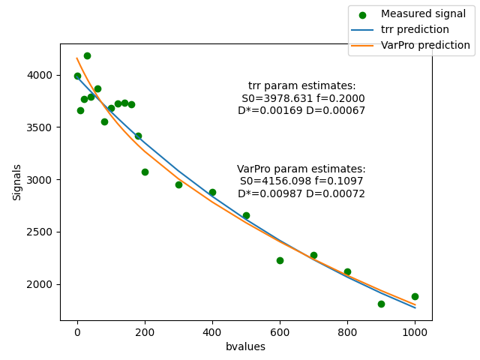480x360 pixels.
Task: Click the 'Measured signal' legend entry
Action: (423, 14)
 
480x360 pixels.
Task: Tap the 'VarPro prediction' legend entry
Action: (425, 46)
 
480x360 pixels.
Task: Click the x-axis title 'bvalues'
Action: (246, 346)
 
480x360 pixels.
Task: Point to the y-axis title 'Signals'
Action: (17, 182)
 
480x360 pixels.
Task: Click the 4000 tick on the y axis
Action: (42, 75)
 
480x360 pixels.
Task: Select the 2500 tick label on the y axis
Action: (42, 232)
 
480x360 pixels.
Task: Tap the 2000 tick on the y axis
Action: (42, 284)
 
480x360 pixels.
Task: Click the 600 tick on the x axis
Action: (280, 332)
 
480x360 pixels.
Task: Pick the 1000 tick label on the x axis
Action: (415, 332)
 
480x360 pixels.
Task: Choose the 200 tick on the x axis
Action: (145, 332)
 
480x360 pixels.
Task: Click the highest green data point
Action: (87, 55)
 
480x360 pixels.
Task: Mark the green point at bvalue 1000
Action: (415, 296)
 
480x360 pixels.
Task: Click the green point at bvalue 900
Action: (381, 304)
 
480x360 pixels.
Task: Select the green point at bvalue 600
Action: (280, 260)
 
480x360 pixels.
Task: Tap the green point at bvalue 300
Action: (178, 184)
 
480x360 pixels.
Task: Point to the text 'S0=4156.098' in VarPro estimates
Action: (271, 181)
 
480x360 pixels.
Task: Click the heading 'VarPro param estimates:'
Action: (301, 169)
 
